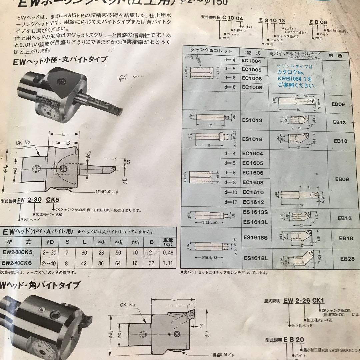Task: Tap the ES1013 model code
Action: pos(252,120)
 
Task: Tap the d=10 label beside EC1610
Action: pos(230,192)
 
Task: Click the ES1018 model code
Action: pos(253,139)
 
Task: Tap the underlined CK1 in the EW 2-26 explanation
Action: pos(319,301)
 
